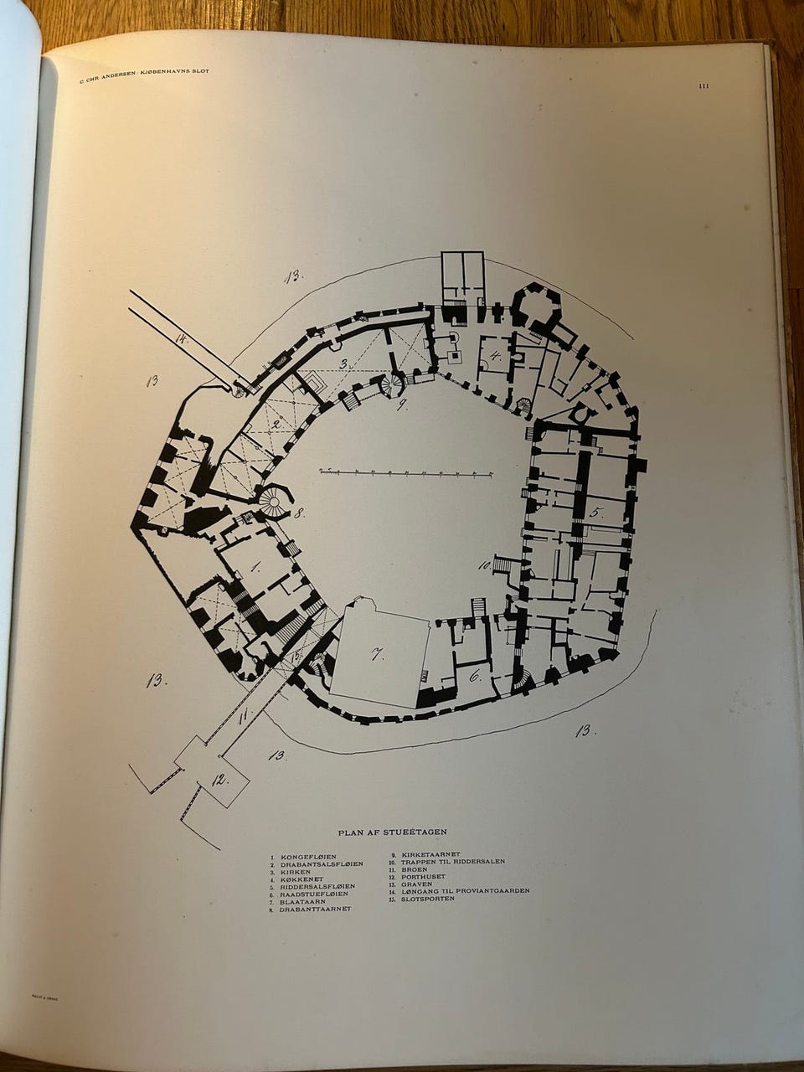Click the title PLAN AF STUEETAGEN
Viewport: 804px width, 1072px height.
click(x=392, y=832)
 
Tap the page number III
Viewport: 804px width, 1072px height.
click(x=703, y=85)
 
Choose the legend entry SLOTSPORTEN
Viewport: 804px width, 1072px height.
click(x=428, y=899)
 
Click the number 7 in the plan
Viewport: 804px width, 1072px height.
click(x=378, y=654)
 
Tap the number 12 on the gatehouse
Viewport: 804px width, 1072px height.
click(x=219, y=780)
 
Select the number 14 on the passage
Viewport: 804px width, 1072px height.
click(x=181, y=338)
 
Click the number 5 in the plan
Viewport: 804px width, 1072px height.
click(x=596, y=512)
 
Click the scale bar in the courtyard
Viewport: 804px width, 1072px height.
click(x=405, y=473)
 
